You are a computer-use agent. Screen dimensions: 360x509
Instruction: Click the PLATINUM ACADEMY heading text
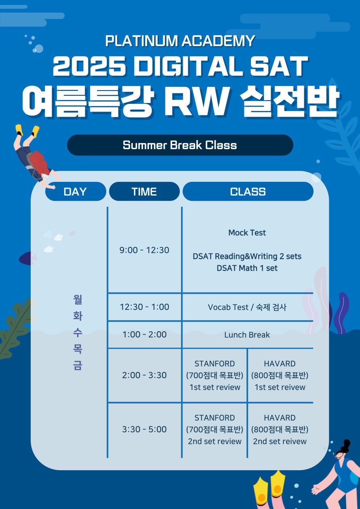[180, 41]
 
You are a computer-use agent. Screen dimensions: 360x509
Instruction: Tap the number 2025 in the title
[89, 66]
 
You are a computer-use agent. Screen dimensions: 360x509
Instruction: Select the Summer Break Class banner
[180, 145]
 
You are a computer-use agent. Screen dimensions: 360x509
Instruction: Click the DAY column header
[76, 191]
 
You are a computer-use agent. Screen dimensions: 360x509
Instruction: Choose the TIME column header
[144, 191]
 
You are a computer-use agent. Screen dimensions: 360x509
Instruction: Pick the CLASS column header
[248, 191]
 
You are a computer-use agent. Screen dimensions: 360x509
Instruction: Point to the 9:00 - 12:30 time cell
[144, 250]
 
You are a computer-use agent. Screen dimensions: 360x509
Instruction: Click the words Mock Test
[247, 233]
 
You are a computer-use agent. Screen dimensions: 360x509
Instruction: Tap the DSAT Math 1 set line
[247, 268]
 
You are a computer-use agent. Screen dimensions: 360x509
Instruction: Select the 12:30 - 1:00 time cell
[144, 307]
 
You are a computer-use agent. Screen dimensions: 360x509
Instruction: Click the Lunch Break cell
[247, 335]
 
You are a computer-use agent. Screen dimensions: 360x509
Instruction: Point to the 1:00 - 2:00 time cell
[144, 334]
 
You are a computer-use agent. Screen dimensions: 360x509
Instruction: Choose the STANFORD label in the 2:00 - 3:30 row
[215, 364]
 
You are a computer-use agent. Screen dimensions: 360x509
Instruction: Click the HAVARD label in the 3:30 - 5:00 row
[280, 418]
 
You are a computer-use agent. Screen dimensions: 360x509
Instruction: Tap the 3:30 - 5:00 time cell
[144, 429]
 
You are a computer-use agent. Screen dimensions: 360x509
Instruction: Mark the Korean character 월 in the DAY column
[78, 300]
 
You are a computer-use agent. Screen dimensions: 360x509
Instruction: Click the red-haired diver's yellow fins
[27, 130]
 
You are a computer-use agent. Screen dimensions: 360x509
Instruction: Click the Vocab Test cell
[247, 307]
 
